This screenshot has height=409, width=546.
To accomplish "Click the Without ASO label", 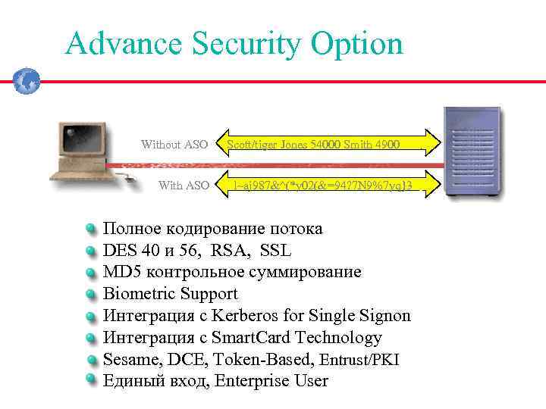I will [x=174, y=145].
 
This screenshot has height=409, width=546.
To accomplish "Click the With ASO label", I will [x=184, y=186].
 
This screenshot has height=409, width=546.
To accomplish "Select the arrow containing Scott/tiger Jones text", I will [x=326, y=144].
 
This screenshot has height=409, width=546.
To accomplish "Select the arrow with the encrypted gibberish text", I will [x=326, y=186].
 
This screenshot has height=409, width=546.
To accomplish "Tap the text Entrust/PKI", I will [x=359, y=360].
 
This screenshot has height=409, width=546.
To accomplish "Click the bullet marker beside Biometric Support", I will [x=91, y=294].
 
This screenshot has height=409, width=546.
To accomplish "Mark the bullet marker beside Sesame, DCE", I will [x=91, y=360].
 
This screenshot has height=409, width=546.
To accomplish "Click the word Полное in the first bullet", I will [x=131, y=229].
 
